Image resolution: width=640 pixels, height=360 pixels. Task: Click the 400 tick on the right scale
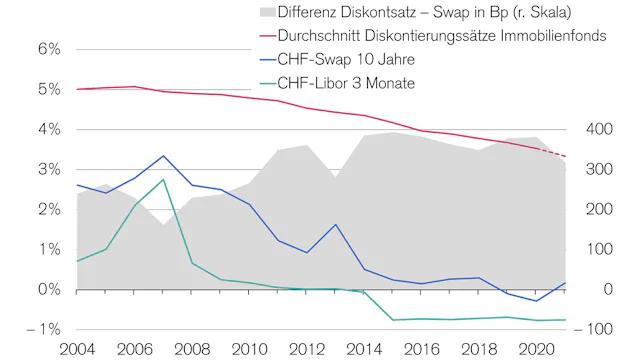click(x=600, y=129)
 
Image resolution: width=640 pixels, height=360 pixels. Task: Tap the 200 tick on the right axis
click(x=600, y=209)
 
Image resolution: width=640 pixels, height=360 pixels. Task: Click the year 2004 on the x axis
click(x=78, y=349)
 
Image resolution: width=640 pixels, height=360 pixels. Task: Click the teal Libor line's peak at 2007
click(x=164, y=180)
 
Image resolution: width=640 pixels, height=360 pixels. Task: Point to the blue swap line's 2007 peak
click(x=164, y=156)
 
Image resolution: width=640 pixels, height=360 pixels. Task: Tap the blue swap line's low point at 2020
click(x=536, y=301)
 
